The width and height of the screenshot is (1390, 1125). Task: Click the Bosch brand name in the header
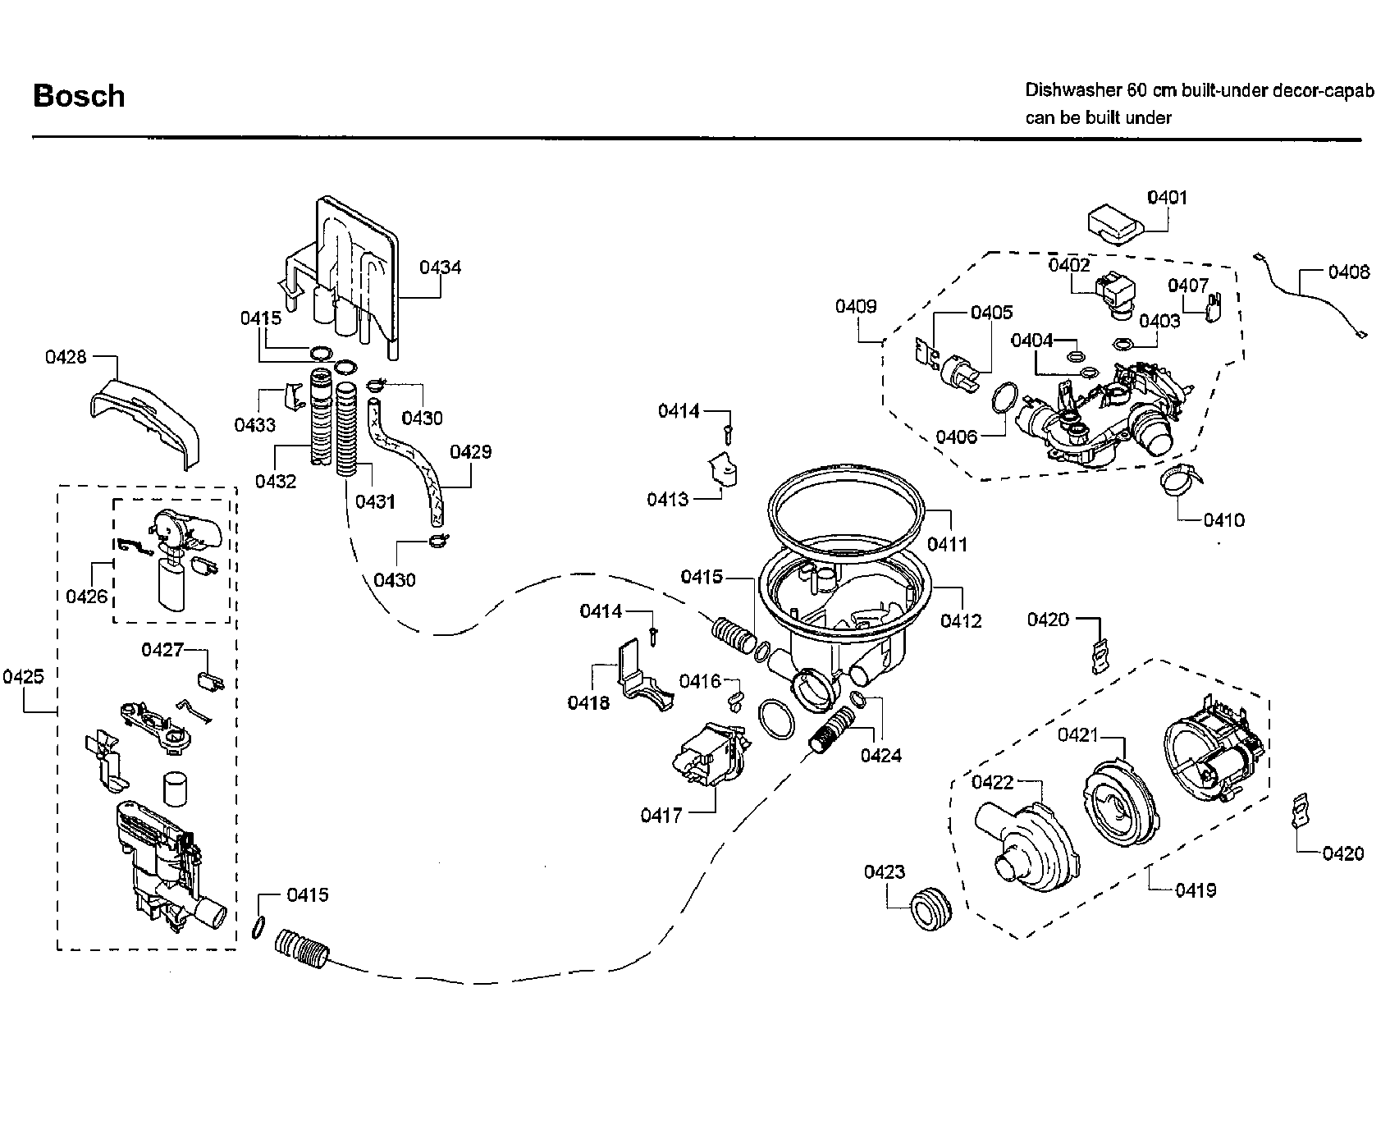point(79,96)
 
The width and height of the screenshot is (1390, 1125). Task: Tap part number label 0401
point(1167,197)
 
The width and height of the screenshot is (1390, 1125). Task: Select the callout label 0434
point(441,267)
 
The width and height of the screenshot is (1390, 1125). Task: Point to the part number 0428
point(66,357)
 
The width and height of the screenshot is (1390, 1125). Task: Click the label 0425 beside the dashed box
point(23,676)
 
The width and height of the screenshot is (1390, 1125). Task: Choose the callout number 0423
point(885,871)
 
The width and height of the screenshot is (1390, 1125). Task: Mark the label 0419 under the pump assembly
point(1196,890)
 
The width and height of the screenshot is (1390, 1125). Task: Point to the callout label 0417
point(661,815)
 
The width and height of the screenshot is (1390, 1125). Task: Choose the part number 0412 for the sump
point(961,621)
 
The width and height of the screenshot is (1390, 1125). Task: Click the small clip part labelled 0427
point(211,680)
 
